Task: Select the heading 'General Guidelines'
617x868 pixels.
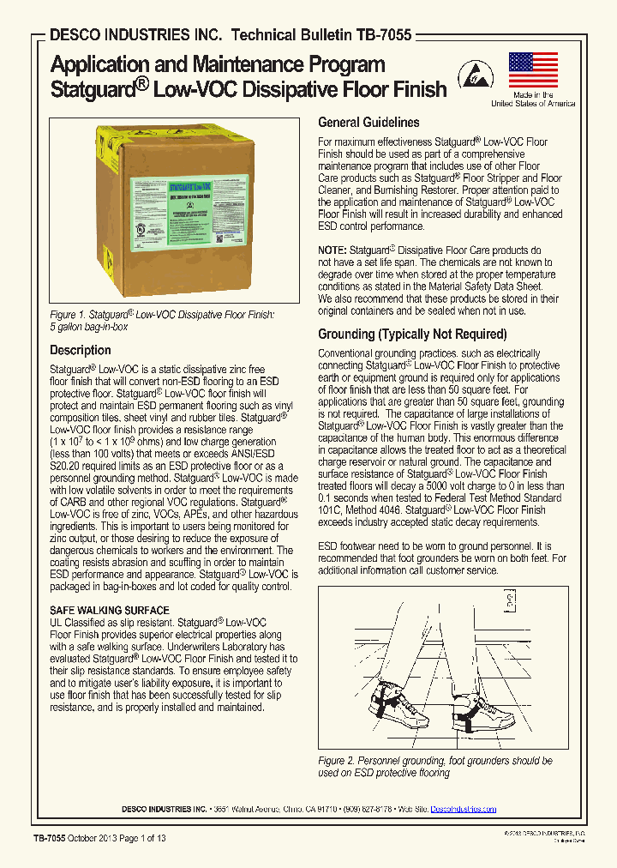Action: pyautogui.click(x=368, y=123)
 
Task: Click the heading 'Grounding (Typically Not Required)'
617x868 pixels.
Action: pyautogui.click(x=412, y=335)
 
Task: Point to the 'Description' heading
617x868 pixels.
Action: pyautogui.click(x=80, y=350)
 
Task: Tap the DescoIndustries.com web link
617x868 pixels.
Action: pyautogui.click(x=463, y=809)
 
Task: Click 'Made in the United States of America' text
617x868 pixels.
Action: pyautogui.click(x=533, y=99)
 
